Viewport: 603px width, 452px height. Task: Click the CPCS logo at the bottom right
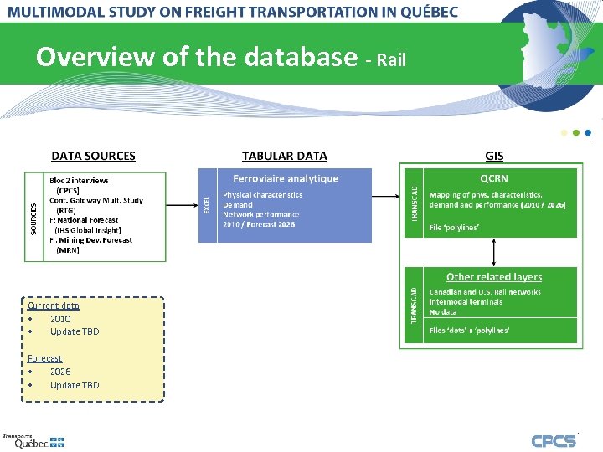[554, 440]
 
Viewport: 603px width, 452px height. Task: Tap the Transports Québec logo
[33, 441]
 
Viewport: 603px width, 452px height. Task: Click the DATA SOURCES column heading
[93, 156]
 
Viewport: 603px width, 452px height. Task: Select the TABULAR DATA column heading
[284, 156]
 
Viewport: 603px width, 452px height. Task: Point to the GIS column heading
[494, 156]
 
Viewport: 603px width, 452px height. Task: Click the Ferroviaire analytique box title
[286, 178]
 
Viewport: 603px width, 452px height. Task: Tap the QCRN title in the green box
[493, 178]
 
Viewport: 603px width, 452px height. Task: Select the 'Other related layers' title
[493, 277]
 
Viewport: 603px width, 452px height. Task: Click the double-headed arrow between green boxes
[494, 252]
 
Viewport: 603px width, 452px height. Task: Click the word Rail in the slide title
[392, 60]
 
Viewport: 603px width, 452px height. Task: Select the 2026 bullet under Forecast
[60, 372]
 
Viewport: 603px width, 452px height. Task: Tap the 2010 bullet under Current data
[60, 319]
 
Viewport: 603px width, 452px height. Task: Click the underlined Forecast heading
[44, 358]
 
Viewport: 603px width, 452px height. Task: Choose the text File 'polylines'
[454, 227]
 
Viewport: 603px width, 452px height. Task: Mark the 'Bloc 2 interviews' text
[79, 181]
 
